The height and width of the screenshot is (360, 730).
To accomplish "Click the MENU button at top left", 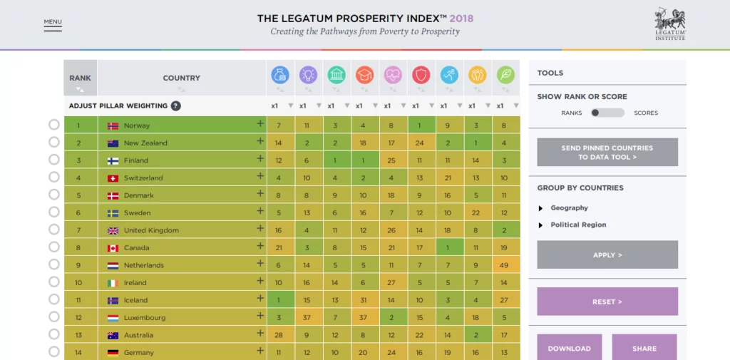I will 53,22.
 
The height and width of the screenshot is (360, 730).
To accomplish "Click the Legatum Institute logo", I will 669,24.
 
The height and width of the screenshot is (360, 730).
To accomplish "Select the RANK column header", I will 80,78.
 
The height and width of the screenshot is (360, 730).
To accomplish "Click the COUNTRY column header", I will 182,78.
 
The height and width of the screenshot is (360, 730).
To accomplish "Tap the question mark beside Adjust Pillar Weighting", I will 175,106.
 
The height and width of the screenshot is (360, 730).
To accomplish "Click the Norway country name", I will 137,125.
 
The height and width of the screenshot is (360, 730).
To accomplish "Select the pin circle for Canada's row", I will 54,247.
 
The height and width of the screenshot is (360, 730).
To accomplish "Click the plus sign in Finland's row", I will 260,160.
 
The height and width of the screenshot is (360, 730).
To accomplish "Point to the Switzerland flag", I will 113,178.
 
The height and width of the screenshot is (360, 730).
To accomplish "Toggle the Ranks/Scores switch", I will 607,113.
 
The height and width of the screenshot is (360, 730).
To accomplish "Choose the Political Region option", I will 578,225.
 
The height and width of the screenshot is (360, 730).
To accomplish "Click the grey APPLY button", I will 607,254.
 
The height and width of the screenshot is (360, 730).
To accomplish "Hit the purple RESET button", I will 607,302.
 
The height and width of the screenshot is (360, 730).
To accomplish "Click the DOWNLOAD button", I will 569,348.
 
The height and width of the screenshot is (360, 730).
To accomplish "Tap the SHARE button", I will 644,348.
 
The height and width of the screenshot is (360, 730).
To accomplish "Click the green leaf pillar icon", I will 505,74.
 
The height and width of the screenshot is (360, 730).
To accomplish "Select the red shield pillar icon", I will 421,74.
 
